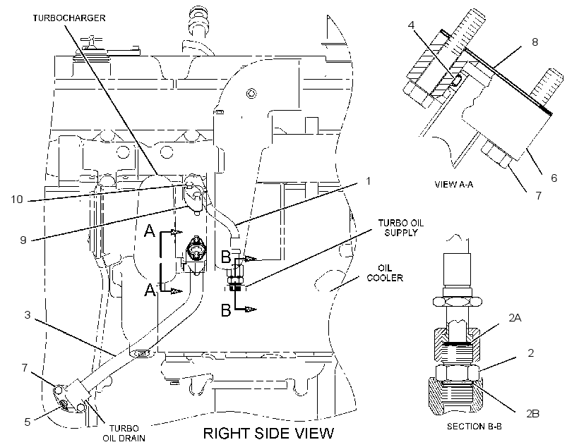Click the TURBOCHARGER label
[x=69, y=18]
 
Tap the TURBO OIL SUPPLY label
[x=400, y=228]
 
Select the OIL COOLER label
[x=385, y=273]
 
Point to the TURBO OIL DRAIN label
[x=124, y=433]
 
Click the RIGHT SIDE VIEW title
[x=268, y=433]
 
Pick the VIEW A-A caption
[x=454, y=185]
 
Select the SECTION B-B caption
[x=474, y=427]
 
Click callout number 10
[x=17, y=200]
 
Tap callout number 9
[x=23, y=240]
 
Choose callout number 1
[x=368, y=181]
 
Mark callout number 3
[x=28, y=315]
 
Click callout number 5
[x=28, y=422]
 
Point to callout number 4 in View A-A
[x=412, y=25]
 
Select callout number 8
[x=535, y=42]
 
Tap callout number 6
[x=554, y=178]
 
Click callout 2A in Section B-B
[x=515, y=317]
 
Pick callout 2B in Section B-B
[x=533, y=413]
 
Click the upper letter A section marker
[x=150, y=231]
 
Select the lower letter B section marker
[x=226, y=310]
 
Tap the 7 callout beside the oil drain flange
[x=25, y=368]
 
